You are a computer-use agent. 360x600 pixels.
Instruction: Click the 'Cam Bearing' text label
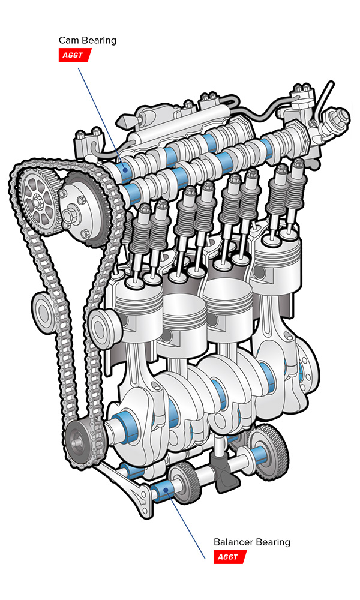coord(88,41)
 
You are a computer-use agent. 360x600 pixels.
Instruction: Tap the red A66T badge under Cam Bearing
coord(74,55)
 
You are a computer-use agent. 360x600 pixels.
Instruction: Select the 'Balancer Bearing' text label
coord(252,542)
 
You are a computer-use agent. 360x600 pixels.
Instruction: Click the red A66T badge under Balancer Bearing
coord(230,557)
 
